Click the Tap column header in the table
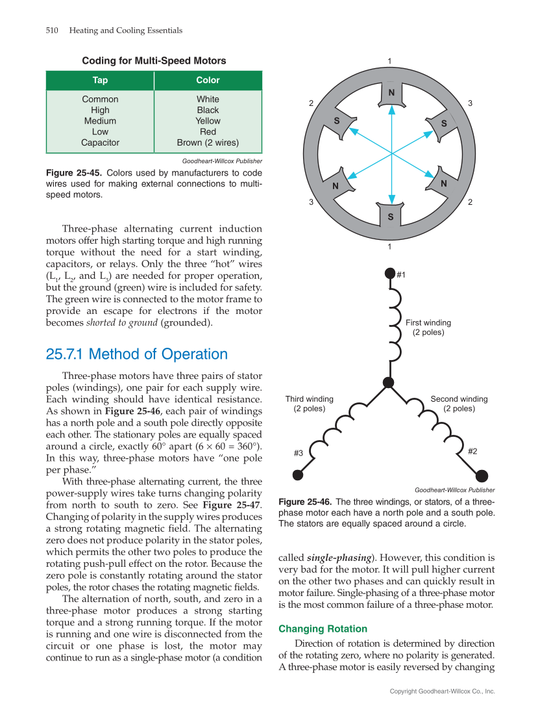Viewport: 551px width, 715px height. point(100,81)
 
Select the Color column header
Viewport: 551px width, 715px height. point(208,81)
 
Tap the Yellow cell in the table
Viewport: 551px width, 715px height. point(208,121)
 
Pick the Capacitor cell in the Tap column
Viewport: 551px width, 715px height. point(100,142)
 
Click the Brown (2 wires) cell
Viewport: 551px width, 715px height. point(208,142)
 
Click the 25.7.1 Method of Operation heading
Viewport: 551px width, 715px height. point(137,354)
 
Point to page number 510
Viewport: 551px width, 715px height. point(53,31)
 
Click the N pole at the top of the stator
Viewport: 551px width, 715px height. point(391,93)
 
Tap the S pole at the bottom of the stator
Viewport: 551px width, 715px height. point(391,216)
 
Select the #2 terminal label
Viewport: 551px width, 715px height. point(472,450)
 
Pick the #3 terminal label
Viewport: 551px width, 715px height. point(299,452)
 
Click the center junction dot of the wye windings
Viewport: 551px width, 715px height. point(389,383)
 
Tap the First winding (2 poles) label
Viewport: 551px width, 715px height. point(428,328)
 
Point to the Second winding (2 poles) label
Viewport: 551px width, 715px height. point(459,404)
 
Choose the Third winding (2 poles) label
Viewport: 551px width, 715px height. point(310,404)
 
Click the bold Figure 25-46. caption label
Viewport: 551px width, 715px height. point(305,502)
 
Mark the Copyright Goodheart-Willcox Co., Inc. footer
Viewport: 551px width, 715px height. point(442,692)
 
